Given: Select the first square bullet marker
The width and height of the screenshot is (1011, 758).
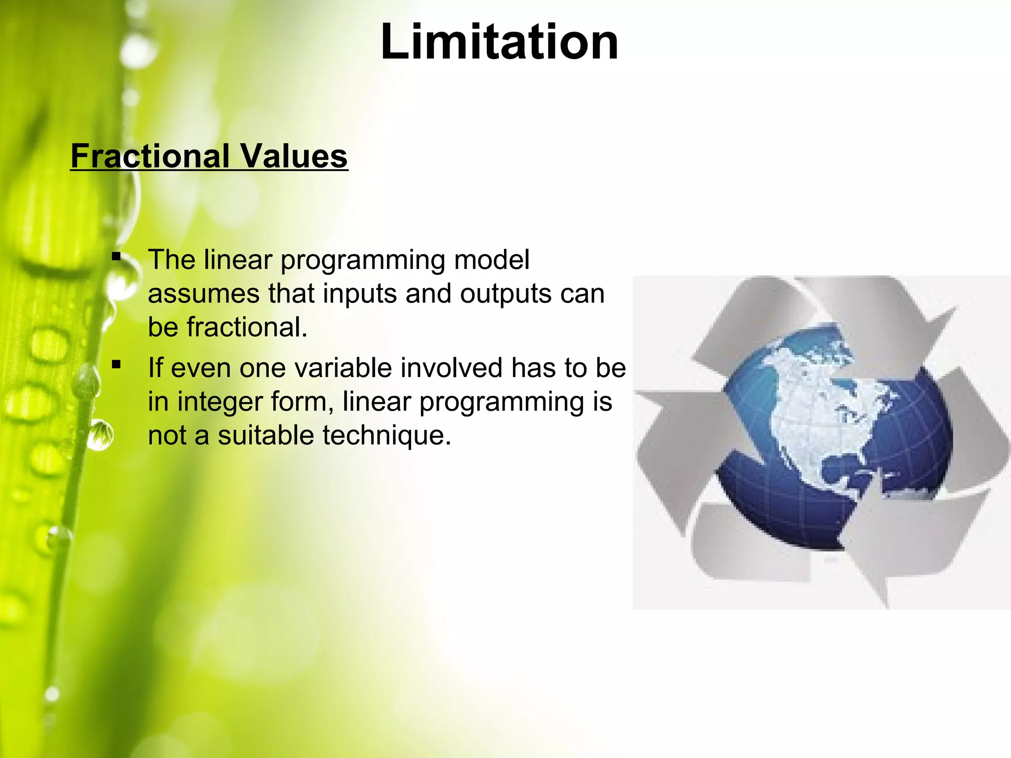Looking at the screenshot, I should tap(117, 257).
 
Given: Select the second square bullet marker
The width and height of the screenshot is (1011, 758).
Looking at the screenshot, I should tap(117, 365).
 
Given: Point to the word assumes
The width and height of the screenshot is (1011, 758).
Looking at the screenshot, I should tap(203, 294).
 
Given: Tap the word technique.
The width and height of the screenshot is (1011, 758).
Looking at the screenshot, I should tap(387, 436).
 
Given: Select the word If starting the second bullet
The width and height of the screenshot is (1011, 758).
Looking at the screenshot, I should tap(155, 368).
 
